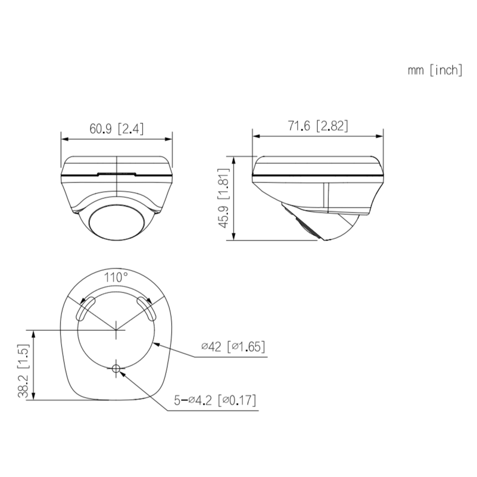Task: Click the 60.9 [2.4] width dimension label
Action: (116, 129)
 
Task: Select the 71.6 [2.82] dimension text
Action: (318, 126)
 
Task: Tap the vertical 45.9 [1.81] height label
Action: (225, 198)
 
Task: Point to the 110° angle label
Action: (116, 278)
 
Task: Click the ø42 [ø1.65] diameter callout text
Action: (233, 347)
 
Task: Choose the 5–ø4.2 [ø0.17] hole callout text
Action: (215, 400)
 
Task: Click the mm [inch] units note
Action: (435, 70)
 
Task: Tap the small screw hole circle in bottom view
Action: (116, 369)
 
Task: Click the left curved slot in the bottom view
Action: (86, 309)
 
